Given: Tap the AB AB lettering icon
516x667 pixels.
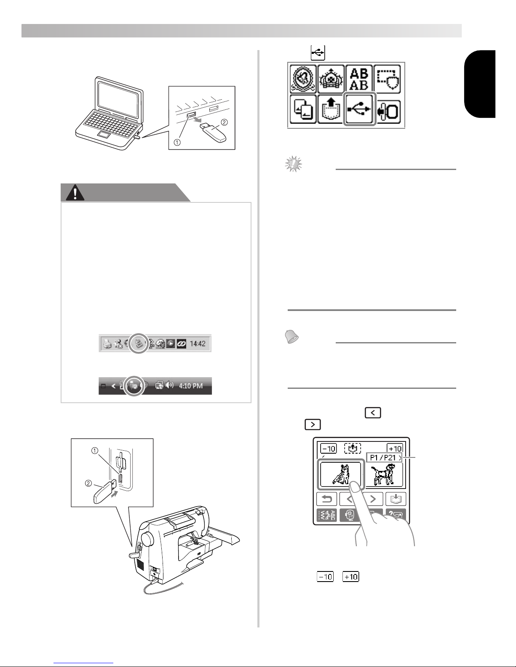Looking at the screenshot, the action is coord(359,79).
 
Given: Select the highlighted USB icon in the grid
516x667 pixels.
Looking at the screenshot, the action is coord(359,109).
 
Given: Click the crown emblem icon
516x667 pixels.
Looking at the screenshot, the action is coord(331,79).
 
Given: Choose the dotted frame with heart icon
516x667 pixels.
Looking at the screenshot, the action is coord(387,79).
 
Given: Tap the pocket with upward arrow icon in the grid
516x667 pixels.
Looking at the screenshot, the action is coord(331,109).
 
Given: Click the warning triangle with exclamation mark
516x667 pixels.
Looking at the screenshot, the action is coord(75,193).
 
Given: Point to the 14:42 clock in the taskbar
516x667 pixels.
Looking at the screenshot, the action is coord(198,343).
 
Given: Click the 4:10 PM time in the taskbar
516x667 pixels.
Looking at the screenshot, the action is coord(190,385).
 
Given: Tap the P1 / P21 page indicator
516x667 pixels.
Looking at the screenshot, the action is coord(384,458).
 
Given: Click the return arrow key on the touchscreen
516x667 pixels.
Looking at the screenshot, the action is coord(326,499).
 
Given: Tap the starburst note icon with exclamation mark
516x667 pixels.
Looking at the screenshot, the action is coord(294,164).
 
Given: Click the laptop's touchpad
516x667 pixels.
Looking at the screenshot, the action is coord(104,136).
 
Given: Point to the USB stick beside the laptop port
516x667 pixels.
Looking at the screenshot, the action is coord(213,132).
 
